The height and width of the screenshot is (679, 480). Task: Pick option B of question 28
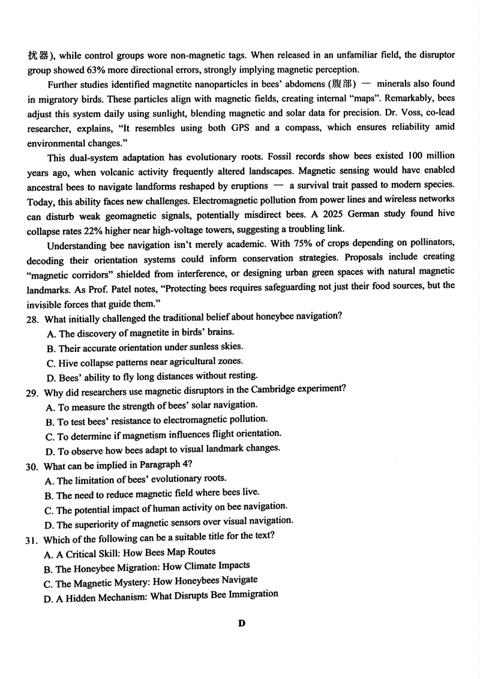[x=50, y=348]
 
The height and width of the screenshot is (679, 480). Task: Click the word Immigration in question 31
[x=251, y=594]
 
